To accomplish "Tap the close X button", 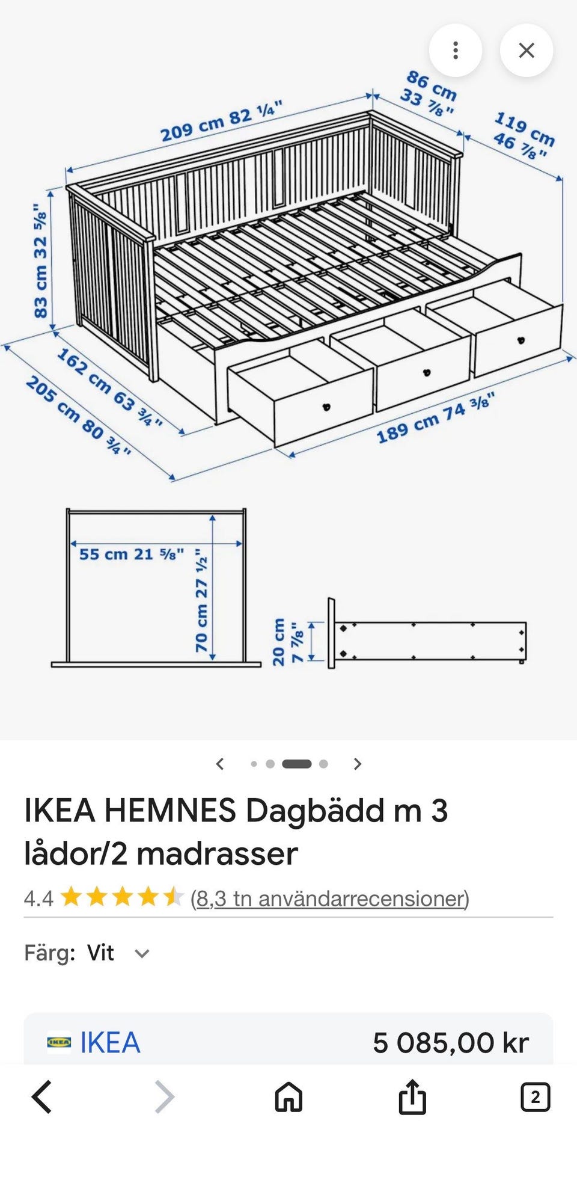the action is click(x=527, y=51).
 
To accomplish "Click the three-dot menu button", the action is click(x=456, y=51).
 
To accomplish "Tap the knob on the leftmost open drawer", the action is click(x=327, y=407).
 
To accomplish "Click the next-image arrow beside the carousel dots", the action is click(x=358, y=764).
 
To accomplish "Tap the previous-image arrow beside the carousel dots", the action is click(x=220, y=764).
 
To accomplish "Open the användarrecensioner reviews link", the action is click(x=330, y=899).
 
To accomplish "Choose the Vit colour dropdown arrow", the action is click(x=142, y=953).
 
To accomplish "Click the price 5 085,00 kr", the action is click(x=451, y=1042).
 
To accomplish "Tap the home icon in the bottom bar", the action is click(x=288, y=1096).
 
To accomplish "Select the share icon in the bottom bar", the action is click(x=412, y=1096).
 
